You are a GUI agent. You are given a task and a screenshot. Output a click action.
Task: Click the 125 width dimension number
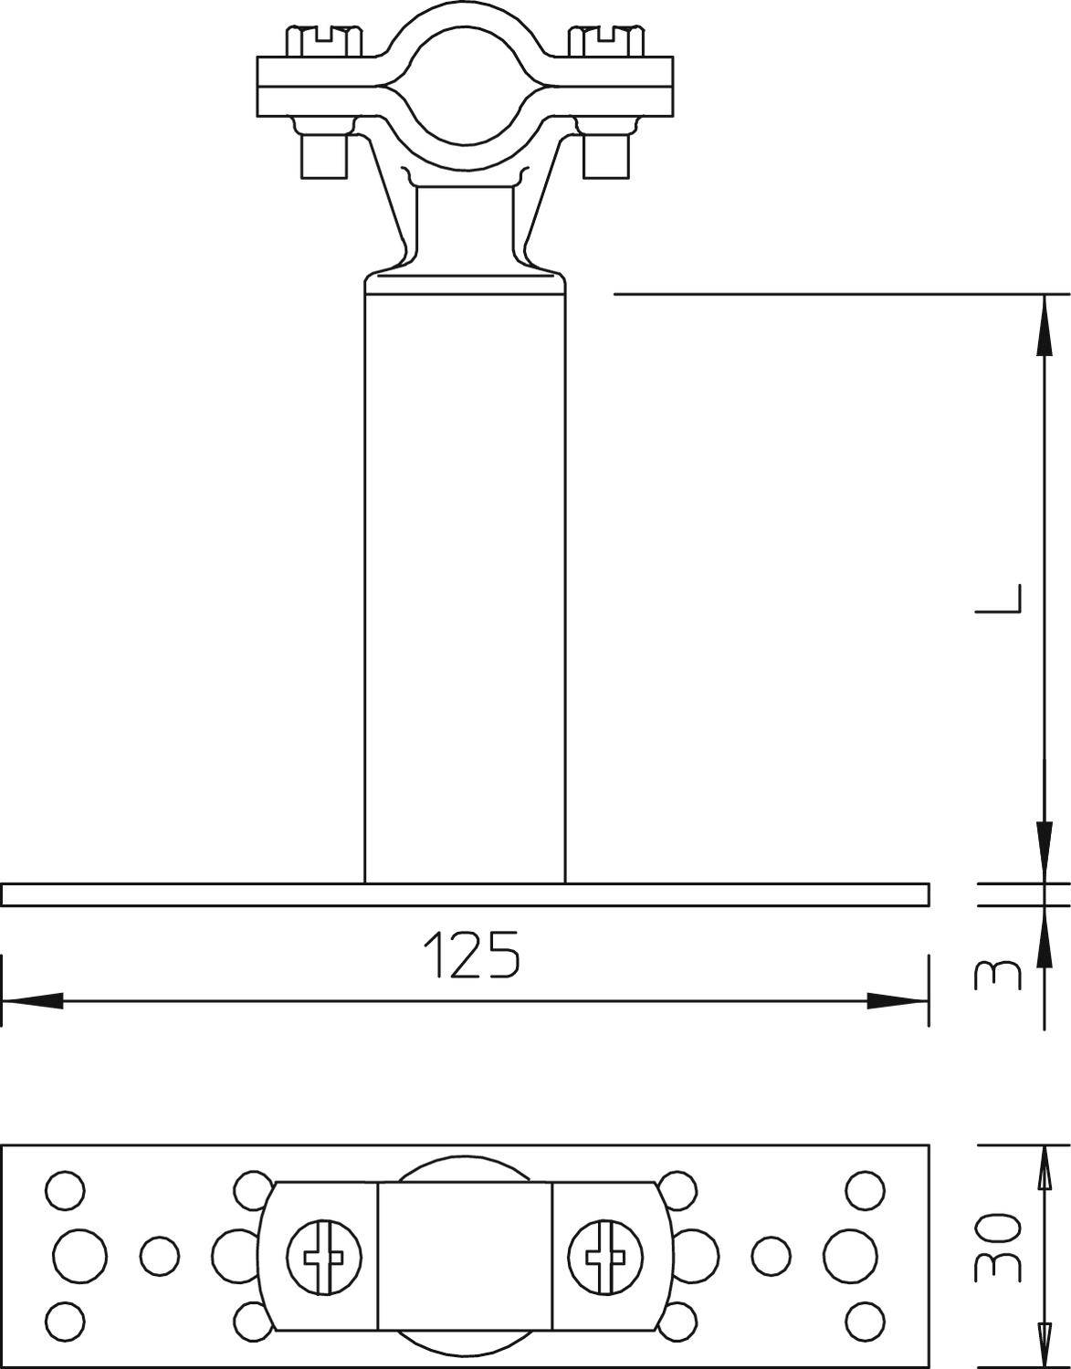pos(471,955)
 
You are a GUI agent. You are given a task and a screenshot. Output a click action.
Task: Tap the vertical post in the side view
pos(465,584)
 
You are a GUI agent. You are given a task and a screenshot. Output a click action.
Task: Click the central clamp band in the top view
pos(465,1258)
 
